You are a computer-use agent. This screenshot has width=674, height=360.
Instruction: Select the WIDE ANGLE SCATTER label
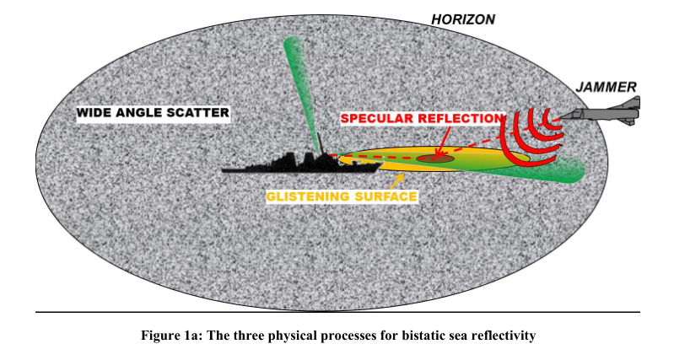(x=153, y=113)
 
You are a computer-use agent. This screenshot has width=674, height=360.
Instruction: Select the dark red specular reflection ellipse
(x=438, y=158)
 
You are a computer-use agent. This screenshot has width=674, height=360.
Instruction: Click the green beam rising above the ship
(x=303, y=84)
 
